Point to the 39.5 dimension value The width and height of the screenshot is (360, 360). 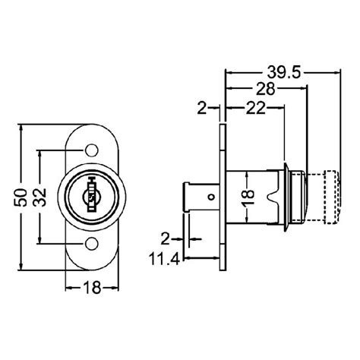tap(282, 72)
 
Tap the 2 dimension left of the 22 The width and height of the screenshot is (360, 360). tap(202, 109)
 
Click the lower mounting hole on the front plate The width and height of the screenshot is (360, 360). tap(91, 244)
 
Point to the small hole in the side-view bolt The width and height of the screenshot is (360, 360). tap(212, 199)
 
